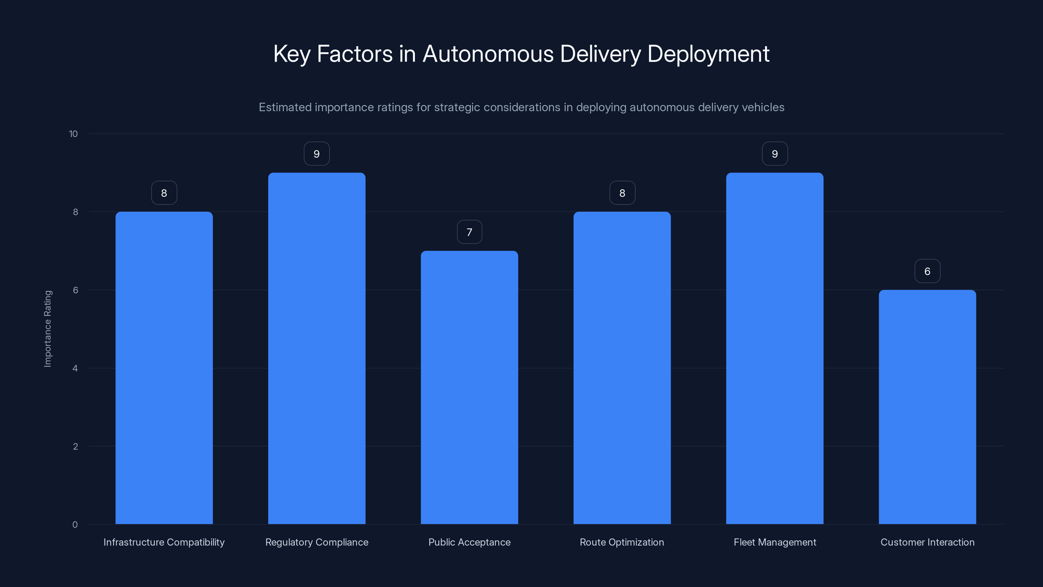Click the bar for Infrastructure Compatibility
164,368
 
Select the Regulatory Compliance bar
316,348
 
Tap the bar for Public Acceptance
469,387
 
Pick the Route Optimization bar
622,368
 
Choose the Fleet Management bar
774,348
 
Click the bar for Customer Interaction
927,407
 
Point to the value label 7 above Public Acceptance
469,232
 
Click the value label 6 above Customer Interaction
927,271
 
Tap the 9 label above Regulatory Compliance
316,154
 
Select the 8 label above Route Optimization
622,193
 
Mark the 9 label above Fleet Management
774,154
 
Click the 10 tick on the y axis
73,134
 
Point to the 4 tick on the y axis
75,368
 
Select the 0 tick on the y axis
75,525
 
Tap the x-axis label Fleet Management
774,542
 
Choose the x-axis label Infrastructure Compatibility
164,542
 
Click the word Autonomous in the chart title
488,54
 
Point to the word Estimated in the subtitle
285,107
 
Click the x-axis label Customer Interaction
927,542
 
